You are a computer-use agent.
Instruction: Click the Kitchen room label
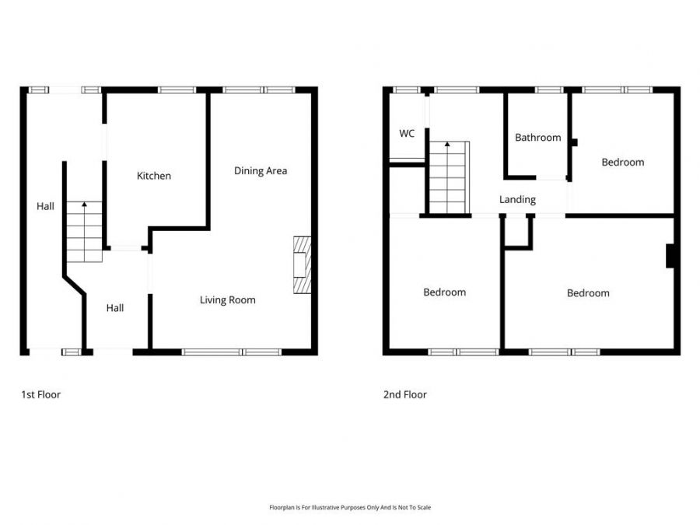point(154,176)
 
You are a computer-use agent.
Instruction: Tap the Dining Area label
point(261,171)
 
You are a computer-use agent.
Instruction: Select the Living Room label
point(227,300)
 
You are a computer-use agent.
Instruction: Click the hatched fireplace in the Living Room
point(301,265)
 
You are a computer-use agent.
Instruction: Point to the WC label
point(407,134)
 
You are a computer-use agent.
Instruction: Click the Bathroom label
point(537,138)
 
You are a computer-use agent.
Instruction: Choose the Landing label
point(517,200)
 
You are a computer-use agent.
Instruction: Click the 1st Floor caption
point(40,395)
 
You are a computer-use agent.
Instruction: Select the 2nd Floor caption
point(404,395)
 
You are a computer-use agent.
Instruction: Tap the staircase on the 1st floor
point(84,232)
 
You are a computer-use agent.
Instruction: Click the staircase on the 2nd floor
point(449,178)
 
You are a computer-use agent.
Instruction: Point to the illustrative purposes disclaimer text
point(350,507)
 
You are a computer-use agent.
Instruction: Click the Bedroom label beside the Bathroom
point(622,163)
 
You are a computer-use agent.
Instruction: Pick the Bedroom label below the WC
point(444,292)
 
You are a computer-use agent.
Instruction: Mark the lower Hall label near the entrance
point(115,308)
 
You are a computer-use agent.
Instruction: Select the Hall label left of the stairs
point(45,207)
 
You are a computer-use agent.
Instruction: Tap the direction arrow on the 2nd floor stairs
point(448,145)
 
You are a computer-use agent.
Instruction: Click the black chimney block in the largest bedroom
point(670,256)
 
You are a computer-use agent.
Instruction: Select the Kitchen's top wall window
point(177,90)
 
